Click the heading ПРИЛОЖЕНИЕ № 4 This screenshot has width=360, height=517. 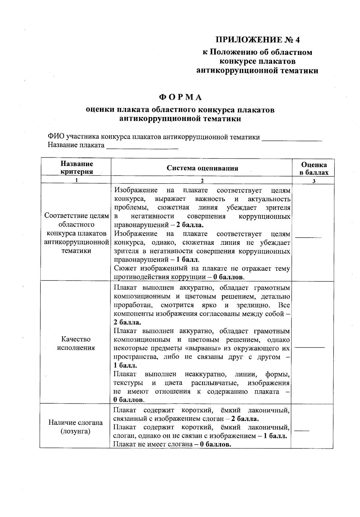[x=258, y=40]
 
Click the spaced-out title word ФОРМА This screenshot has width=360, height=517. [x=180, y=98]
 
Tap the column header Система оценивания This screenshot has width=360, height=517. [x=202, y=168]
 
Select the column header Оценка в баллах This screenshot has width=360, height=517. [x=314, y=168]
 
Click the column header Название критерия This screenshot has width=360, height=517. [x=77, y=167]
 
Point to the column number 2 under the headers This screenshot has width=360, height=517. [x=202, y=181]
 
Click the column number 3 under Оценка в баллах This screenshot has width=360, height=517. [x=314, y=181]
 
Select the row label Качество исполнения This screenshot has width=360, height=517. [x=76, y=344]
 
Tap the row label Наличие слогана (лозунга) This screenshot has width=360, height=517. [x=76, y=427]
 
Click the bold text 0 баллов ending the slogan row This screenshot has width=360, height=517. [x=215, y=444]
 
